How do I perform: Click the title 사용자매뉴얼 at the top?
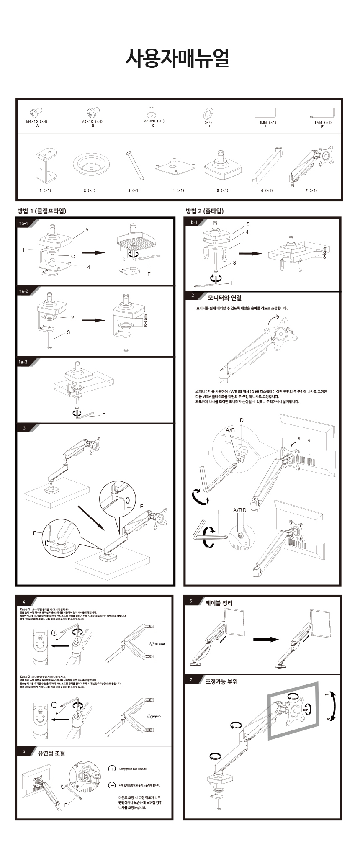click(x=177, y=59)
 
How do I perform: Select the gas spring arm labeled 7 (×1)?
click(x=312, y=166)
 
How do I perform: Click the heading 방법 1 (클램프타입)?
click(x=41, y=211)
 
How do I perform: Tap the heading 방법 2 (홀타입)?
click(x=205, y=211)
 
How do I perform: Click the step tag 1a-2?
click(x=23, y=291)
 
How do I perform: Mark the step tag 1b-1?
click(x=193, y=222)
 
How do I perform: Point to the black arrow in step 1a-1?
click(x=93, y=252)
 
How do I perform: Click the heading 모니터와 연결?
click(x=225, y=298)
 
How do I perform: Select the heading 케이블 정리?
click(x=219, y=603)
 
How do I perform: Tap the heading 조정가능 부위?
click(x=221, y=681)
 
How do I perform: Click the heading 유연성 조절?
click(x=51, y=753)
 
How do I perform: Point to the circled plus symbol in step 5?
click(x=112, y=769)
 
